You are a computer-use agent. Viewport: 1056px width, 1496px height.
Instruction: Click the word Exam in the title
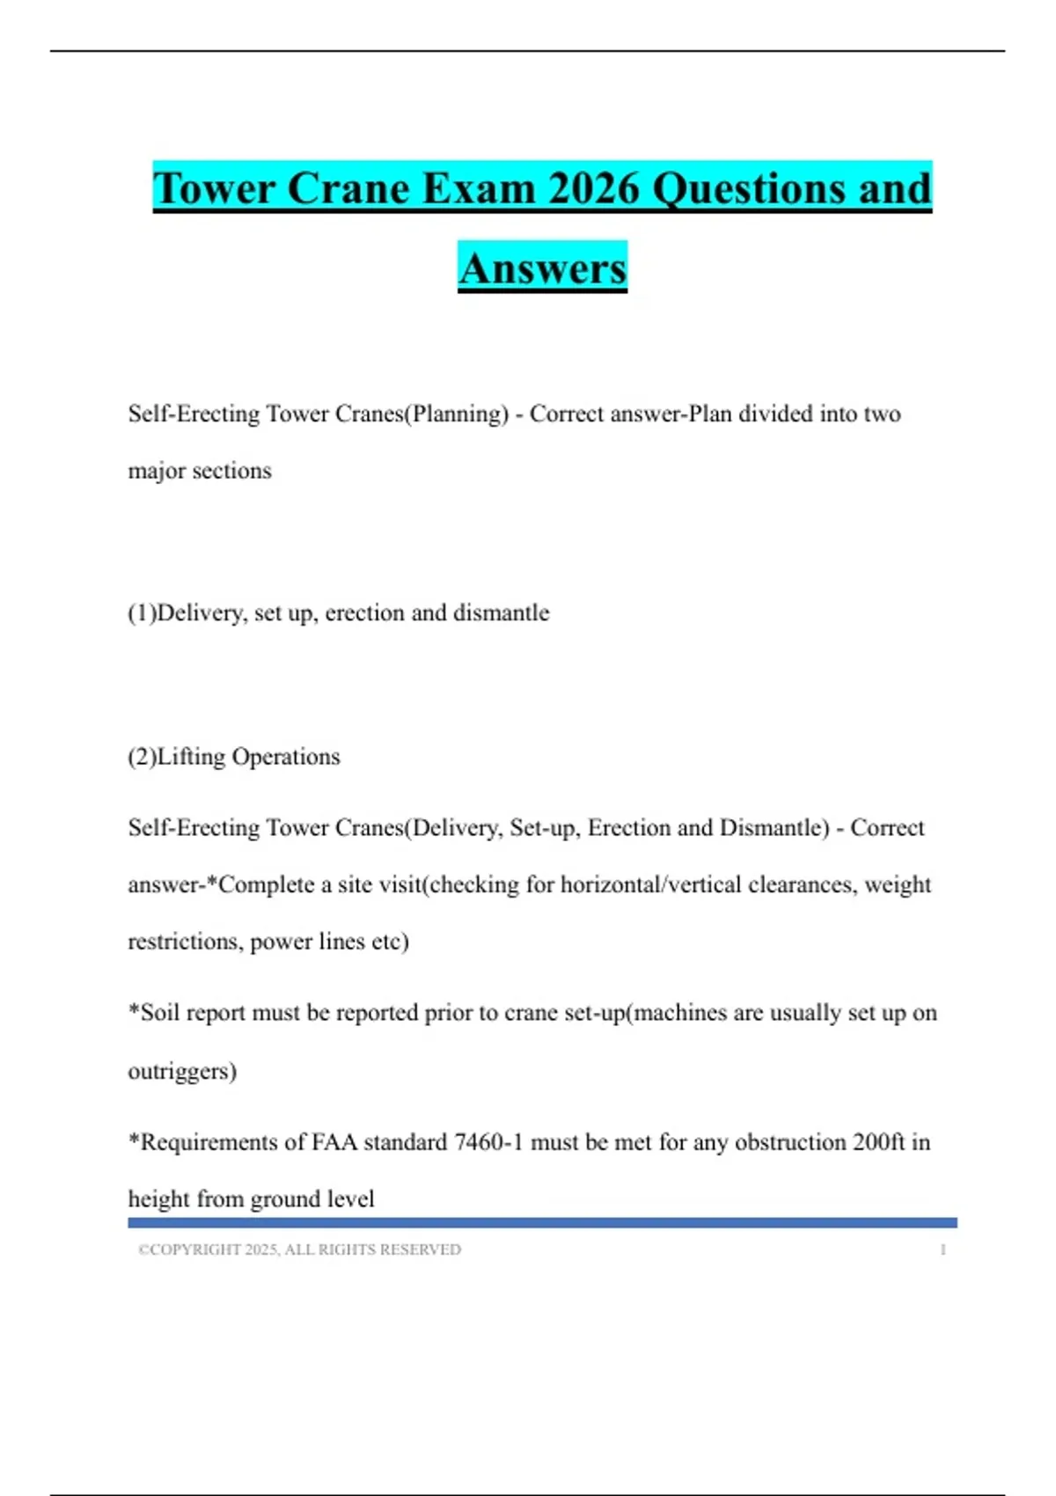(478, 188)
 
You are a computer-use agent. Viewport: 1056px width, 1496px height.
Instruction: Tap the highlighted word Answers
(542, 268)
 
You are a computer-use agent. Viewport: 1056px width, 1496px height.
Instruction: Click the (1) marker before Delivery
(142, 612)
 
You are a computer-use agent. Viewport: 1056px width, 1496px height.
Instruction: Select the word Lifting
(191, 757)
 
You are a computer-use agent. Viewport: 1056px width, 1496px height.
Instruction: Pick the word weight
(898, 884)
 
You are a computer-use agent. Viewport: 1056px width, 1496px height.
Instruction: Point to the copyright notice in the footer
(299, 1250)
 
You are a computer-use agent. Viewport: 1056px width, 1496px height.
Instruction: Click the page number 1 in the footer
(942, 1250)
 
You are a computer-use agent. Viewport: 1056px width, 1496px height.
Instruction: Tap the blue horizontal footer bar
(542, 1222)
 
